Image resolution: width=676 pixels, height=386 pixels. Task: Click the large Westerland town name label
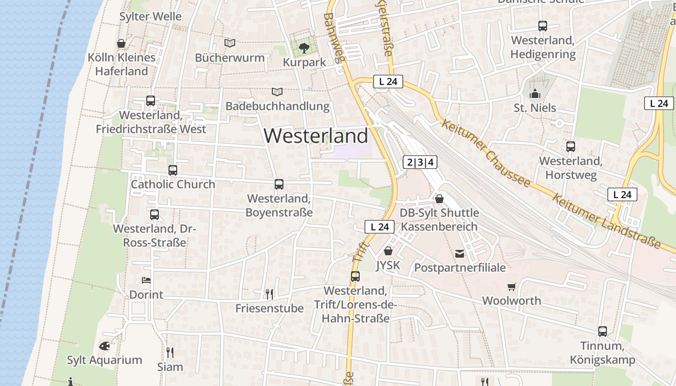[316, 136]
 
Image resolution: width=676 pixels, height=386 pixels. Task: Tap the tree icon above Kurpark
[304, 48]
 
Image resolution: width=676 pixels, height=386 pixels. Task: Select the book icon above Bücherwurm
[230, 43]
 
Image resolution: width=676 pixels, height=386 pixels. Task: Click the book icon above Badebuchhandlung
[277, 92]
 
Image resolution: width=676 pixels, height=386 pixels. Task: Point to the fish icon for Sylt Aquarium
[104, 346]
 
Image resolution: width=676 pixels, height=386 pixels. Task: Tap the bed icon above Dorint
[146, 280]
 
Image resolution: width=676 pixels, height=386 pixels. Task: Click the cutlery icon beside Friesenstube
[269, 294]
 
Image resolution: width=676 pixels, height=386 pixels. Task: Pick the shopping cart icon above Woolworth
[512, 287]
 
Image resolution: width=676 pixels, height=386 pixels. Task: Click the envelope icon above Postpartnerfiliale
[460, 253]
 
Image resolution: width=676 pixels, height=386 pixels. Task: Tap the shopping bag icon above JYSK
[388, 251]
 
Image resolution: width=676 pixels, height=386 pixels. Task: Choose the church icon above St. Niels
[535, 94]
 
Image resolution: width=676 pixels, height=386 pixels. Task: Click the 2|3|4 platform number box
[420, 162]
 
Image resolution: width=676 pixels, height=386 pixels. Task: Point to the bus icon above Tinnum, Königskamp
[603, 331]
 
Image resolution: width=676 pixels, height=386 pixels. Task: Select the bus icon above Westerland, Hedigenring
[543, 26]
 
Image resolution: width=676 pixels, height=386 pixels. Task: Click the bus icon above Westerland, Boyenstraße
[279, 184]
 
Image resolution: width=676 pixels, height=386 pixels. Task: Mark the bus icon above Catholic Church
[173, 170]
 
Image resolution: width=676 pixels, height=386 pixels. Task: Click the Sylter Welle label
[151, 16]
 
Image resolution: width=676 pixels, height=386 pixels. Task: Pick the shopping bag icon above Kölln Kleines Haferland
[121, 43]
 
